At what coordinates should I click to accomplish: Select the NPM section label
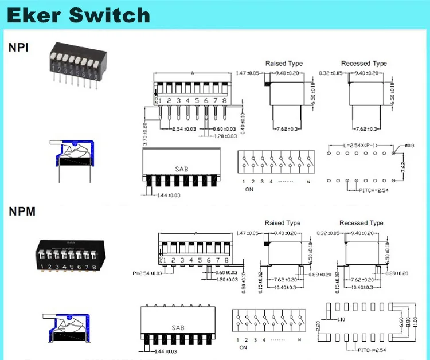click(x=22, y=212)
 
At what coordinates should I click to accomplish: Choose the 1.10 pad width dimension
click(x=342, y=319)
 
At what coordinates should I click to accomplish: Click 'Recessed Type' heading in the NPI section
click(x=363, y=64)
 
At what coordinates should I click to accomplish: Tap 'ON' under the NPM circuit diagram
click(x=243, y=347)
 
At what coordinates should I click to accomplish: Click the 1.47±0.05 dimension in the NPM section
click(x=248, y=233)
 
